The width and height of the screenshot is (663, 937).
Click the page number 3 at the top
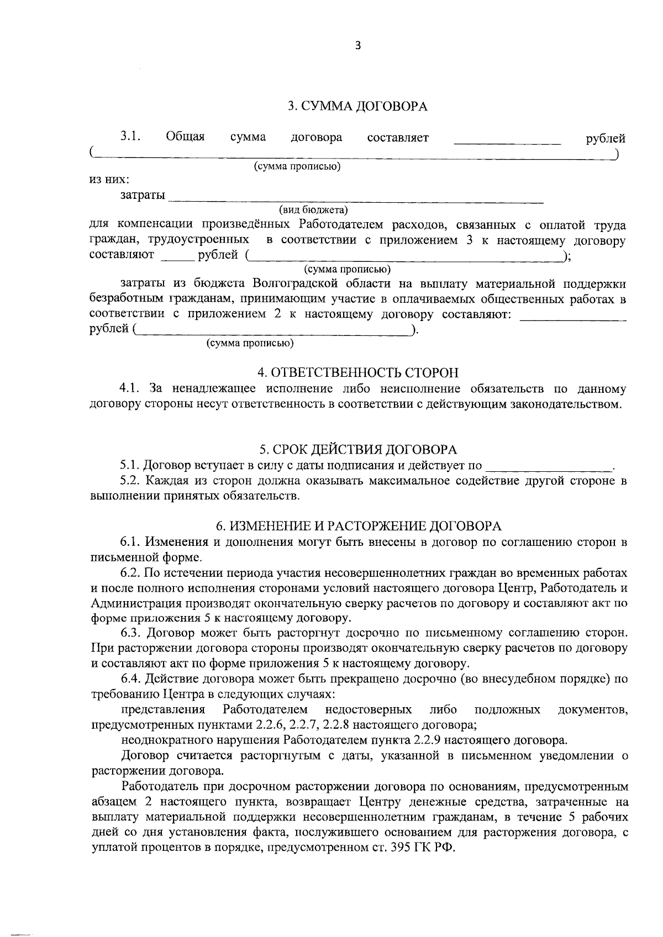[x=357, y=46]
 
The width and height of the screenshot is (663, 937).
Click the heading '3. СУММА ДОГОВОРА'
[x=357, y=106]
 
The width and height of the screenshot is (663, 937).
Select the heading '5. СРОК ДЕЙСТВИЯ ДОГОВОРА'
[x=357, y=449]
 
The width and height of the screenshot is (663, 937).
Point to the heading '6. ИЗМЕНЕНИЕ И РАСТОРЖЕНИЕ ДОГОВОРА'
[x=357, y=525]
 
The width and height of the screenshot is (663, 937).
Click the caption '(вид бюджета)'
[x=313, y=210]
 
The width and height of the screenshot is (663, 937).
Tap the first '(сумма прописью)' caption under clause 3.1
[x=297, y=166]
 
